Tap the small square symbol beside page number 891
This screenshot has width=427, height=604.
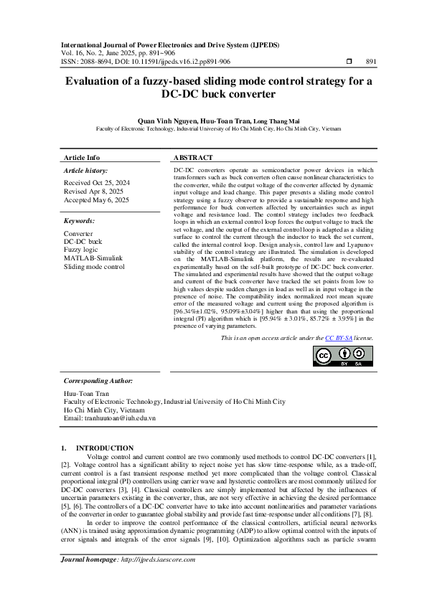[349, 63]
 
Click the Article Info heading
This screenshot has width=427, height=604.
[82, 157]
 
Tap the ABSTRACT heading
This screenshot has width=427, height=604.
[193, 157]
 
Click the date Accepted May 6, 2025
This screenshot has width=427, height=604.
[97, 200]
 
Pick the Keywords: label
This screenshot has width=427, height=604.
[80, 222]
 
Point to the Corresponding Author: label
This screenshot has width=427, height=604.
[98, 381]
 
